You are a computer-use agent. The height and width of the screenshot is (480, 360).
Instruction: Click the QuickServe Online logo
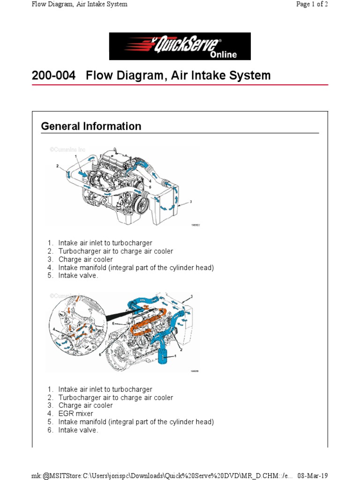pyautogui.click(x=180, y=46)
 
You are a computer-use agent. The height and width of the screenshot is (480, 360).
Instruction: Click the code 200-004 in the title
pyautogui.click(x=53, y=75)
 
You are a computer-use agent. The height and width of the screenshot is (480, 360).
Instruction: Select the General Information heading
pyautogui.click(x=91, y=126)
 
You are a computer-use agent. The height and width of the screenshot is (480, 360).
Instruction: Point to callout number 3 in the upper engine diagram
pyautogui.click(x=191, y=202)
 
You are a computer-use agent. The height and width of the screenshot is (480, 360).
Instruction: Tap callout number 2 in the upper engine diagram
pyautogui.click(x=57, y=165)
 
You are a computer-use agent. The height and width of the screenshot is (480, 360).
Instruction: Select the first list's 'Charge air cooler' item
pyautogui.click(x=85, y=259)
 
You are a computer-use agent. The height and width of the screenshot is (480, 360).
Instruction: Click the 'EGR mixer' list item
pyautogui.click(x=75, y=413)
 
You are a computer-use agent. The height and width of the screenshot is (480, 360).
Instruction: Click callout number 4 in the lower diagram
pyautogui.click(x=54, y=330)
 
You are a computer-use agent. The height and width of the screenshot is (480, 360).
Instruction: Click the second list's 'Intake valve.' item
pyautogui.click(x=78, y=430)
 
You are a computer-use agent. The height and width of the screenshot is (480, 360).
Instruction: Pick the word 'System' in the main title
pyautogui.click(x=251, y=75)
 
